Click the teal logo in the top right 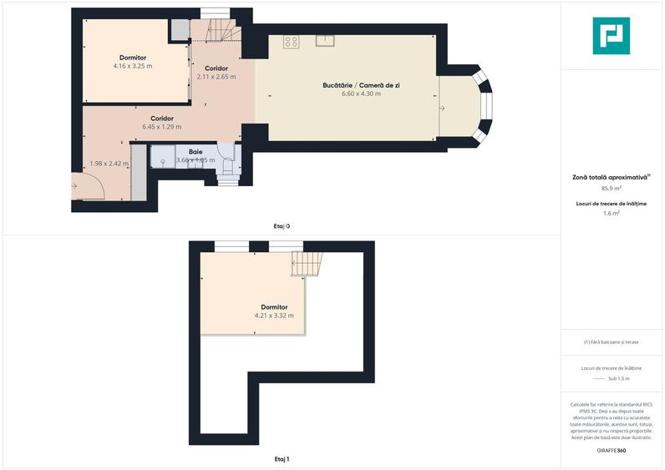(x=611, y=36)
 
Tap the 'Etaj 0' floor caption (x=282, y=226)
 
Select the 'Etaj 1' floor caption (x=282, y=459)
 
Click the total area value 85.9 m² (x=611, y=189)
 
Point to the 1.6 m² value (x=611, y=214)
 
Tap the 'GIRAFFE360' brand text (x=611, y=451)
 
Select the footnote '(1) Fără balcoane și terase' (x=611, y=342)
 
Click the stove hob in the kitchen (x=291, y=41)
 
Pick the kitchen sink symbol (x=324, y=39)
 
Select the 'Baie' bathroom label (x=195, y=152)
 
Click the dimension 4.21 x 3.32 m (x=274, y=316)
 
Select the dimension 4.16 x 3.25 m (x=133, y=65)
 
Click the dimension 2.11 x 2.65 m (x=216, y=77)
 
